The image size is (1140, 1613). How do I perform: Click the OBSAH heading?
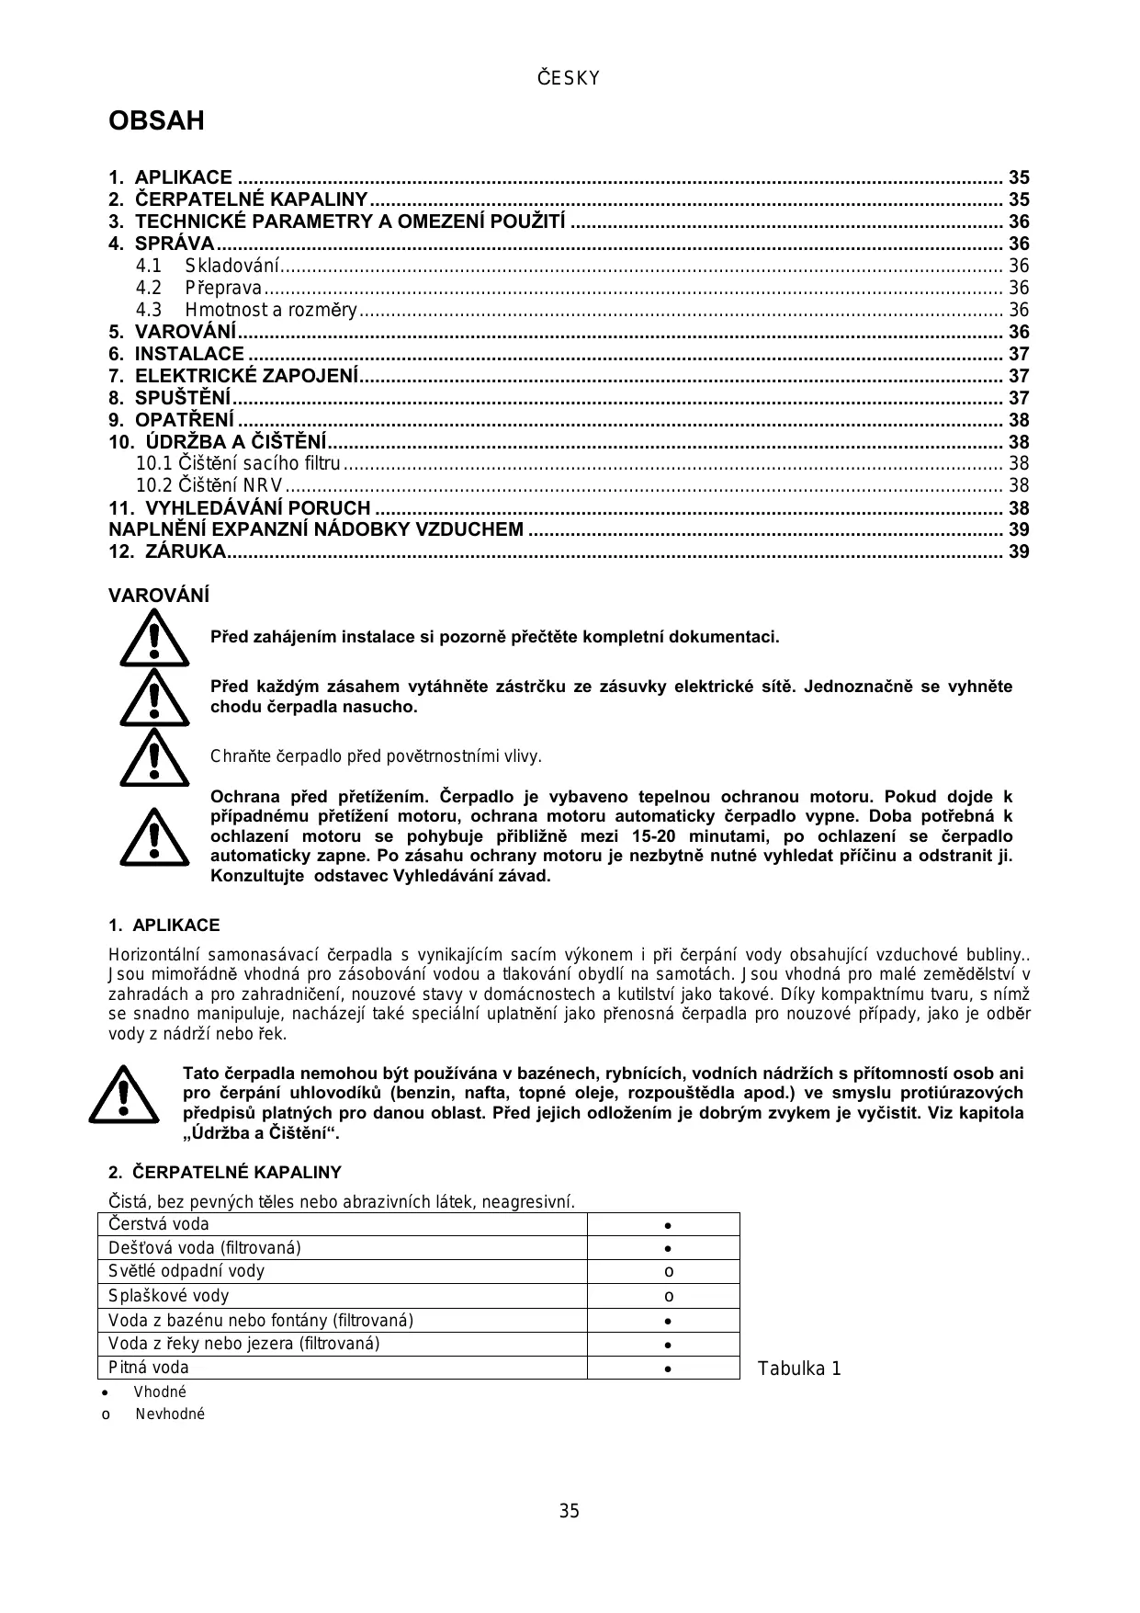[156, 121]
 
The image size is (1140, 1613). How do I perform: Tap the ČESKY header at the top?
[569, 79]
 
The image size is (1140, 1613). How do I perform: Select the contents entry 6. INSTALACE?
[189, 354]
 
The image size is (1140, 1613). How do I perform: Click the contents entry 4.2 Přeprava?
[223, 288]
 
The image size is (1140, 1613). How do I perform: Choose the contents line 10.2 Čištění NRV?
[209, 485]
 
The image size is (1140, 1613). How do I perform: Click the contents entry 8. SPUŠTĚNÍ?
[183, 398]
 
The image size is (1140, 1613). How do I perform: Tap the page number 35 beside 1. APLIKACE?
[1019, 177]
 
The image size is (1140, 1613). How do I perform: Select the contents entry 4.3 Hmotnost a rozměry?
[270, 310]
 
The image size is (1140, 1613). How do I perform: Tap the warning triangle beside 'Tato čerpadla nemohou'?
[124, 1094]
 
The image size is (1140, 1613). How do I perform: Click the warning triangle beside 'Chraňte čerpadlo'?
[154, 757]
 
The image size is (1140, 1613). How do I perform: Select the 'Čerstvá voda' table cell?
[342, 1224]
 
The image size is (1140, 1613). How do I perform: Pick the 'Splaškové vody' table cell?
[342, 1296]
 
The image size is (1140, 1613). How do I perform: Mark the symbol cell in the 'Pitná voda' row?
[669, 1368]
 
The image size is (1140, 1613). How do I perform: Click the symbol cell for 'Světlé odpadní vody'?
[669, 1272]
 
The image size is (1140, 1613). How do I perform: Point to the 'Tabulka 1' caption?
[799, 1369]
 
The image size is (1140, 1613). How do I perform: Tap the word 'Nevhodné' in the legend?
[170, 1414]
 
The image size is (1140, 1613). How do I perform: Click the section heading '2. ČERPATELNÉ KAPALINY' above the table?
[224, 1173]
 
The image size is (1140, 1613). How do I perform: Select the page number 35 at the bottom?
[570, 1512]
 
